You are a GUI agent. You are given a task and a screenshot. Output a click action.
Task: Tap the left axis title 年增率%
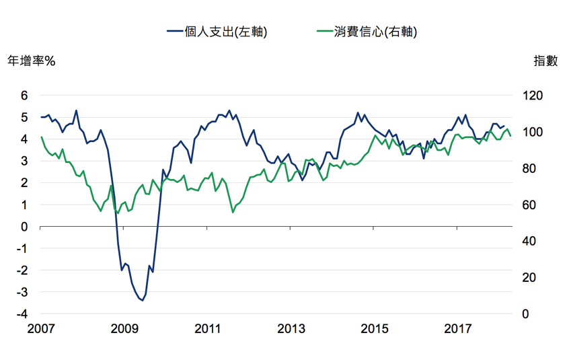31,61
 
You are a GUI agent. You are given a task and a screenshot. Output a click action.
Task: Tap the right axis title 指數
545,61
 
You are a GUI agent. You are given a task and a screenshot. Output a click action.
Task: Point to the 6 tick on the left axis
24,96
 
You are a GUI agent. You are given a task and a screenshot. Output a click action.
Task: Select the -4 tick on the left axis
22,314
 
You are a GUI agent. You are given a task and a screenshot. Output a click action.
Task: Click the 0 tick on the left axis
24,227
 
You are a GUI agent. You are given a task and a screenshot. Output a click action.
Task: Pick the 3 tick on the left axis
24,161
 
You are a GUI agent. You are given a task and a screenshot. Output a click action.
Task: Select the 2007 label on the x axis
41,330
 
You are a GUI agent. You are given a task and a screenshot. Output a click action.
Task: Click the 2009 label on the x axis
124,330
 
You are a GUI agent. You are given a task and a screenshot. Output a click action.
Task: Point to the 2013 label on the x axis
291,330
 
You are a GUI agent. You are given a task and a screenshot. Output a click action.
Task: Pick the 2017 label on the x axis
458,330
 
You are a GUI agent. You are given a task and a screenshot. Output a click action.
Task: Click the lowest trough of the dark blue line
142,301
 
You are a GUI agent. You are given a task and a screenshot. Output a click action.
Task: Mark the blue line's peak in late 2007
76,110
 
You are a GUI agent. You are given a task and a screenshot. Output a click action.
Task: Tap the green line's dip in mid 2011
233,212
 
